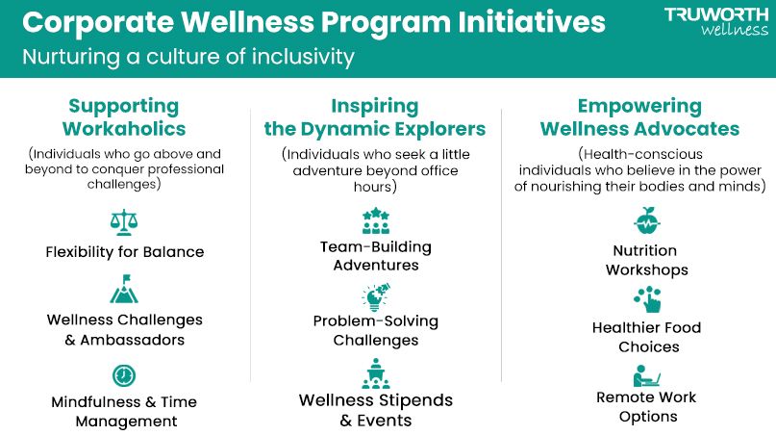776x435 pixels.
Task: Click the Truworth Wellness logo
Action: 716,22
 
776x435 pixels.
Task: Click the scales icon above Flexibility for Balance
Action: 124,222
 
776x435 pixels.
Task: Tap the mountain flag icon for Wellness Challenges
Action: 124,289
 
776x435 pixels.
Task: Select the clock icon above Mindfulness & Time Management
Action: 124,375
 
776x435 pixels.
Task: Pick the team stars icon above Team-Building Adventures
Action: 376,220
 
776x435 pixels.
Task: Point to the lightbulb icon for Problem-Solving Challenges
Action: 376,296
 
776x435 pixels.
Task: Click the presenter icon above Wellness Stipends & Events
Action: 376,373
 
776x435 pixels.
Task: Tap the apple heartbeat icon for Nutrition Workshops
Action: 646,220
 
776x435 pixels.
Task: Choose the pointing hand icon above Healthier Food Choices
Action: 647,299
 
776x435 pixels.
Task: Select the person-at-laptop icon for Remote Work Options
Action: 646,375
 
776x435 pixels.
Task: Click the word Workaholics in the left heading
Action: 124,129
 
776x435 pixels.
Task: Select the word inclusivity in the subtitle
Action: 303,57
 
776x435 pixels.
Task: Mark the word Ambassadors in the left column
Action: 132,340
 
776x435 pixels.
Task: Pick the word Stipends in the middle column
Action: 414,400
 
